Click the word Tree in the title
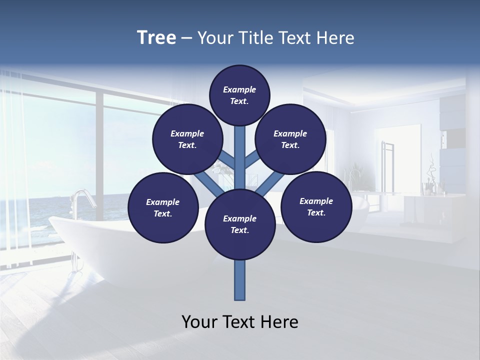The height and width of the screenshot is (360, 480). pyautogui.click(x=156, y=38)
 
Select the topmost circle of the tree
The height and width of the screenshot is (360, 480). pyautogui.click(x=239, y=95)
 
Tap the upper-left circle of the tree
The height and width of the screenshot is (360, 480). pyautogui.click(x=187, y=139)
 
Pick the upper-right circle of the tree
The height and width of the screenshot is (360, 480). pyautogui.click(x=290, y=139)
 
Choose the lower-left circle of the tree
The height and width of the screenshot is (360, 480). pyautogui.click(x=162, y=207)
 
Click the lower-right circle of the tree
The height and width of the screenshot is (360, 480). pyautogui.click(x=316, y=206)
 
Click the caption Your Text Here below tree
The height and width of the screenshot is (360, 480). pyautogui.click(x=239, y=322)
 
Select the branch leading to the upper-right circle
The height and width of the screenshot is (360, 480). pyautogui.click(x=253, y=160)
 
